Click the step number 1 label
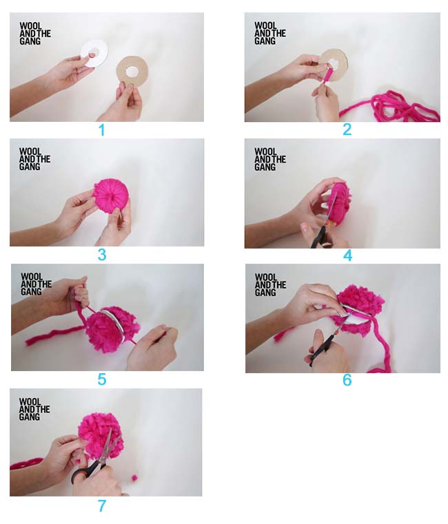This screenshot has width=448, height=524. pos(102,130)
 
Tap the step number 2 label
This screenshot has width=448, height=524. pos(347,129)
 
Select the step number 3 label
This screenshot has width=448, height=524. pos(102,255)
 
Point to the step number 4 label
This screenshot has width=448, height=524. pos(347,255)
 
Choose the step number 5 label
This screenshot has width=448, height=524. pos(102,379)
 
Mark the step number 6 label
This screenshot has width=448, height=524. pos(347,380)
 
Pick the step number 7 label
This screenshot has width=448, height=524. pos(102,506)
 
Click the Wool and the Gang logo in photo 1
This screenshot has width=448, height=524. pos(32,32)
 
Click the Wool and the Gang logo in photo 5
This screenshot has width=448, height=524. pos(36,284)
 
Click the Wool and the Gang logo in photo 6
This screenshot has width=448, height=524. pos(266,285)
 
